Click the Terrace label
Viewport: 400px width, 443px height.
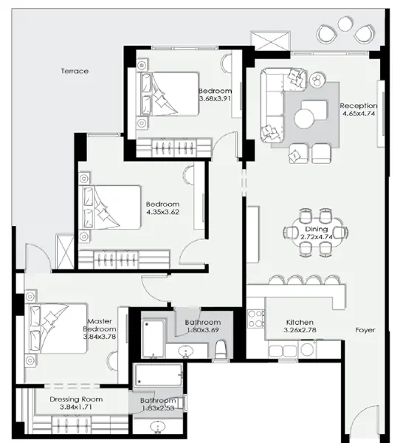click(x=75, y=71)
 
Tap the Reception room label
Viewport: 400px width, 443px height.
click(x=359, y=106)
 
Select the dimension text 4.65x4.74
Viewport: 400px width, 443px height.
click(x=359, y=114)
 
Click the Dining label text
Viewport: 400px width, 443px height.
click(x=316, y=230)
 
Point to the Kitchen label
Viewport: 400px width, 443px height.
click(x=300, y=323)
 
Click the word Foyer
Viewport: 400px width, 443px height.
click(x=365, y=330)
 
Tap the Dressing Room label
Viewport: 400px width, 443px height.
click(x=75, y=399)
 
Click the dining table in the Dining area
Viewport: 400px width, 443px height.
click(x=316, y=233)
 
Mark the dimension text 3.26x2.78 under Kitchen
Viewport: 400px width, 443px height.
click(x=300, y=332)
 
